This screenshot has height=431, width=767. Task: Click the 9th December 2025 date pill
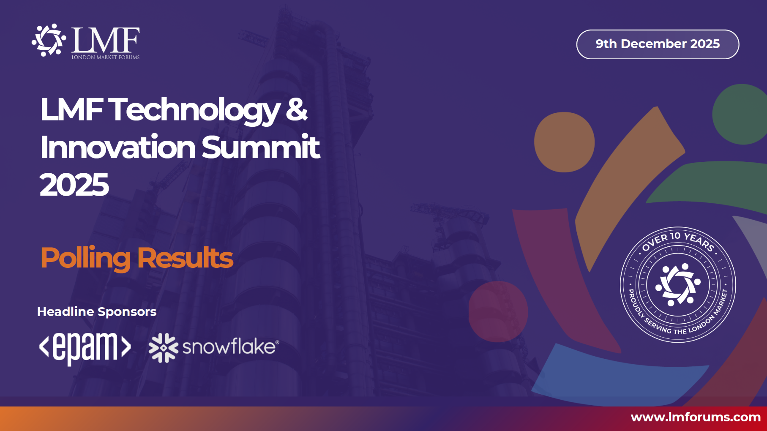pos(658,44)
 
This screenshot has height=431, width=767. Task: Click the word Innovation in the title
pos(118,147)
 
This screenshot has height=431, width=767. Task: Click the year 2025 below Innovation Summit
pos(74,185)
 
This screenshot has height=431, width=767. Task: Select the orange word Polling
pos(85,258)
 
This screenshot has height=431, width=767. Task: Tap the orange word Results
pos(185,258)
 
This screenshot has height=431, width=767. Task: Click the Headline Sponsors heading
pos(97,312)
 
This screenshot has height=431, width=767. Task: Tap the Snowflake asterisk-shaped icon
pos(164,348)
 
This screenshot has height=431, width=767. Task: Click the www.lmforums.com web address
pos(696,417)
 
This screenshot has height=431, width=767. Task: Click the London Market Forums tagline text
pos(105,57)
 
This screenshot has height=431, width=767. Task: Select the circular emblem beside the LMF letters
pos(49,40)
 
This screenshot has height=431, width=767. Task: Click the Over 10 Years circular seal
pos(678,284)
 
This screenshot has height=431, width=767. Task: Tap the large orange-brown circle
pos(564,142)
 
